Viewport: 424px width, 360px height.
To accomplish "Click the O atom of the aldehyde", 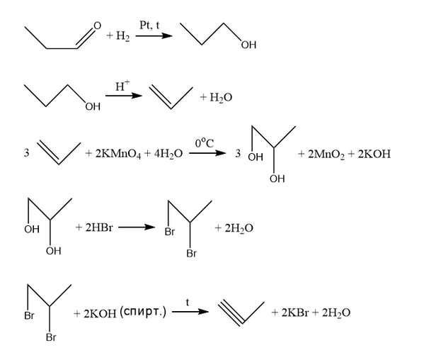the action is pyautogui.click(x=97, y=26).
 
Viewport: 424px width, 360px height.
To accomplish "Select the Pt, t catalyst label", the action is pyautogui.click(x=149, y=26).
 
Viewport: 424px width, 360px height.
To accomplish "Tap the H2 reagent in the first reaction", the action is pyautogui.click(x=122, y=36).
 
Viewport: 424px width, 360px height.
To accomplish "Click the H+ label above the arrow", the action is pyautogui.click(x=122, y=86).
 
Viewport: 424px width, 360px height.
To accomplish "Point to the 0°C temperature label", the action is pyautogui.click(x=205, y=143).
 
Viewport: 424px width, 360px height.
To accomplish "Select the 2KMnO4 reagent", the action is pyautogui.click(x=118, y=154).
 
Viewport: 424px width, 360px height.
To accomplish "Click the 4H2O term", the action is pyautogui.click(x=168, y=154).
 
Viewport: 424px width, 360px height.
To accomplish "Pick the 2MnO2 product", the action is pyautogui.click(x=326, y=154).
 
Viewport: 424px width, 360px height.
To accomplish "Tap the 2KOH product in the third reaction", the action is pyautogui.click(x=374, y=154).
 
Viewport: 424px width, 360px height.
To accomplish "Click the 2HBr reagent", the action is pyautogui.click(x=99, y=227).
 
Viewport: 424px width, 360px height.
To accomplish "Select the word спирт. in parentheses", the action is pyautogui.click(x=142, y=312).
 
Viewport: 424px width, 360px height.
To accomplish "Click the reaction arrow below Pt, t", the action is pyautogui.click(x=154, y=35).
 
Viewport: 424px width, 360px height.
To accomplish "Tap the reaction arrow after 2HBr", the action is pyautogui.click(x=137, y=227).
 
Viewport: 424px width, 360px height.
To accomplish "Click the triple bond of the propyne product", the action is pyautogui.click(x=231, y=313).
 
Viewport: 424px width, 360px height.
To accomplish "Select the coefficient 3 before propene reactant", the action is pyautogui.click(x=26, y=153).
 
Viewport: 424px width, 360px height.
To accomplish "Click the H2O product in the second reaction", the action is pyautogui.click(x=221, y=98).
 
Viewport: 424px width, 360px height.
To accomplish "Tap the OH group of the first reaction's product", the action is pyautogui.click(x=248, y=45).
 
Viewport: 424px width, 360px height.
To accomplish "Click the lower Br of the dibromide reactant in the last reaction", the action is pyautogui.click(x=51, y=337).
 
